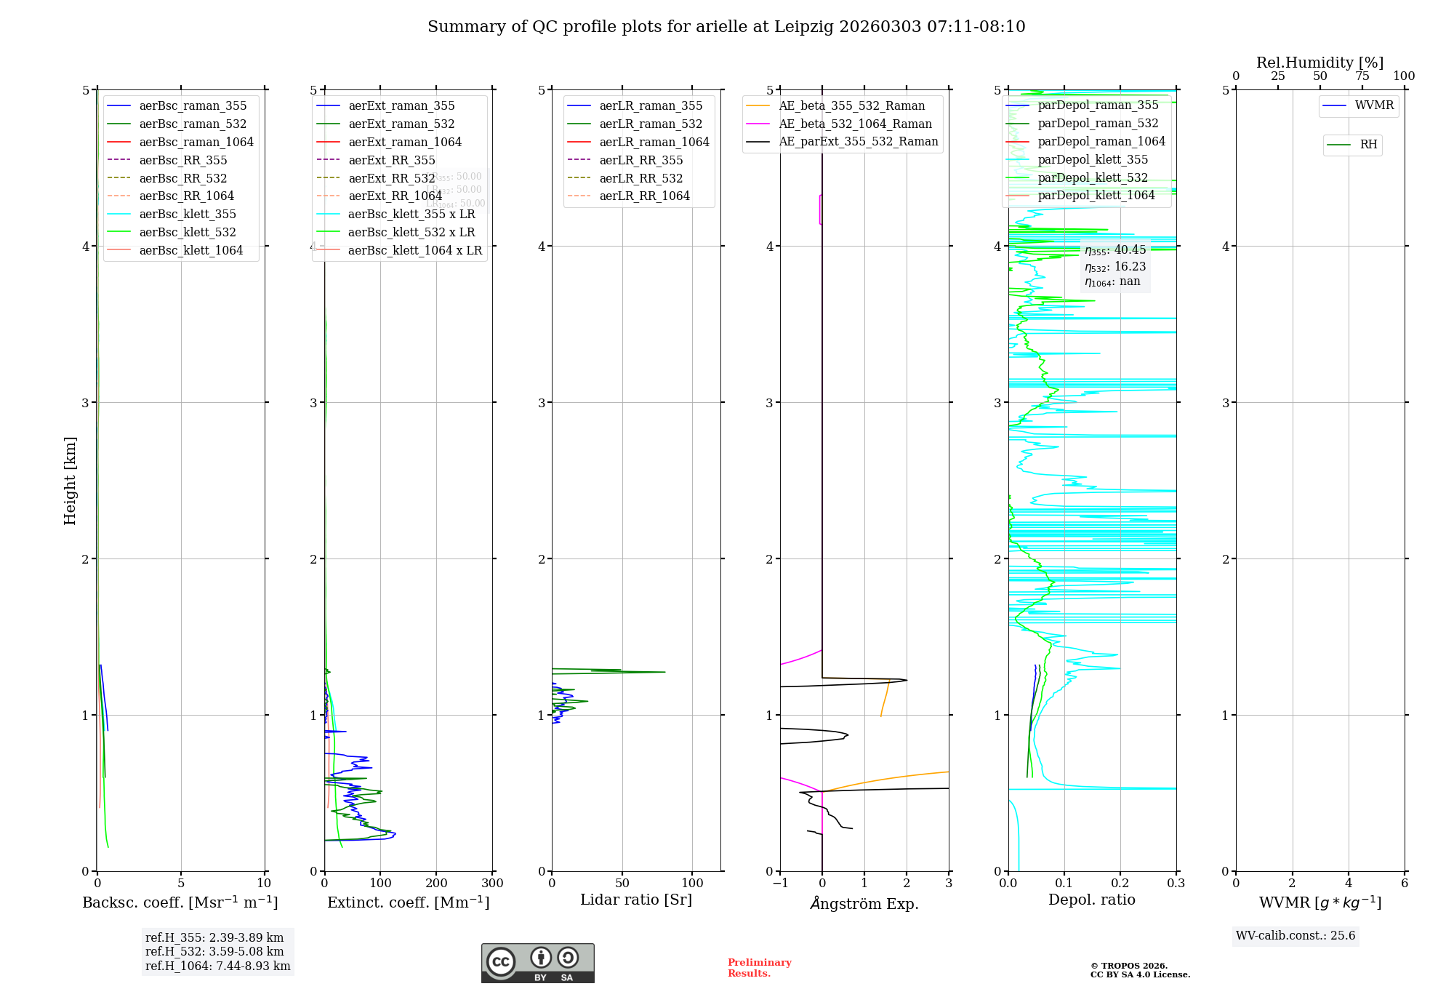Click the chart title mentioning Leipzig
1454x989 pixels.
click(726, 27)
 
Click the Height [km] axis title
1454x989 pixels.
click(70, 481)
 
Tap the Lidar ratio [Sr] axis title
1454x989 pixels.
click(636, 900)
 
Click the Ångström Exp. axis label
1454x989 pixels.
click(864, 903)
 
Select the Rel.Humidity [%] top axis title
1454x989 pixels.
click(1320, 63)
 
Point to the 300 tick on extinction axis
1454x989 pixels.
click(492, 884)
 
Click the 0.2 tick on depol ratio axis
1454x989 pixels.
click(1120, 884)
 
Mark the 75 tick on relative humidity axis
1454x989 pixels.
click(1362, 76)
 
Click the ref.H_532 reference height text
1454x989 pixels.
click(214, 951)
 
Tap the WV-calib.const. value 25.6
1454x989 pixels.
click(1296, 936)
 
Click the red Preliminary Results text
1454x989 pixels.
click(759, 968)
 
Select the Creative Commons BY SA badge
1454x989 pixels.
click(537, 964)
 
